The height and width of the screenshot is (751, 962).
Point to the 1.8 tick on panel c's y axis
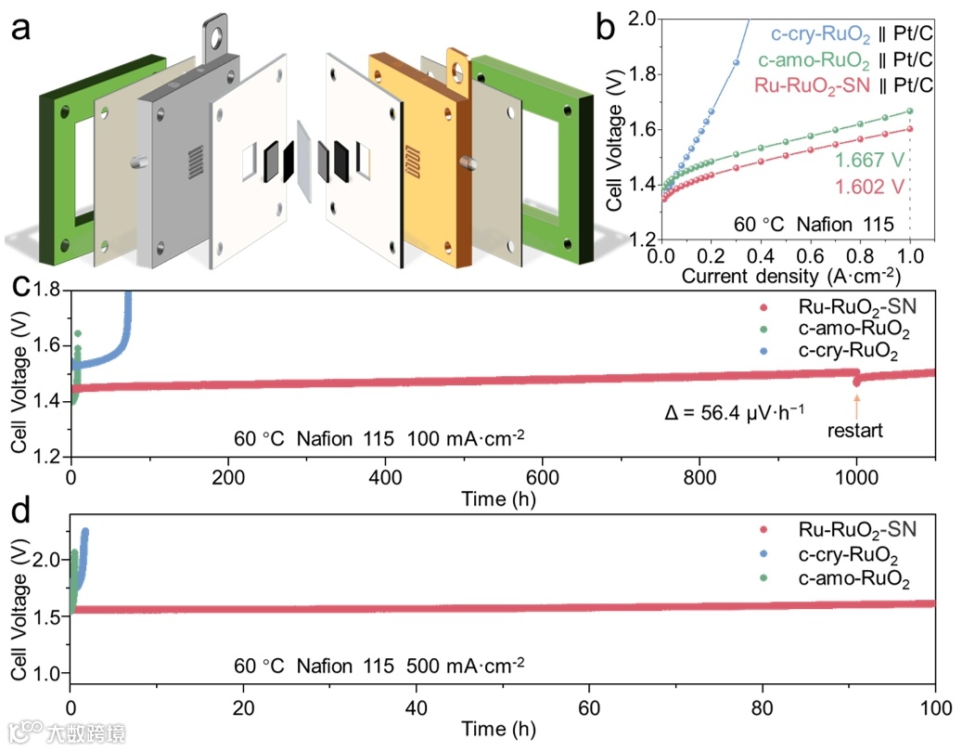(x=49, y=291)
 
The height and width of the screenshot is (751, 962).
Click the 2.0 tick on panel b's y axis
(x=640, y=19)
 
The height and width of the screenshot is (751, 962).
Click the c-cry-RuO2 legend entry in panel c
(x=852, y=353)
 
